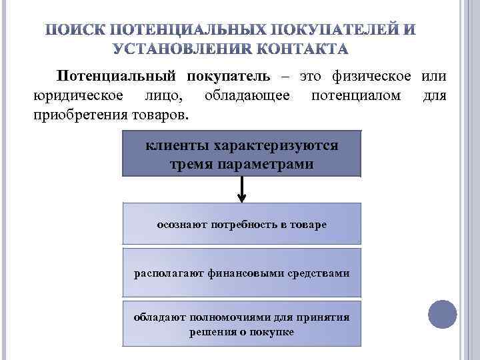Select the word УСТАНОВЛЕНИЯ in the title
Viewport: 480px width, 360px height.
(x=189, y=48)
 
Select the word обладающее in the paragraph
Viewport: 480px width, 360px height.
(x=247, y=96)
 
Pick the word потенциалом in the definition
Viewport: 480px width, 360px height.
(x=356, y=96)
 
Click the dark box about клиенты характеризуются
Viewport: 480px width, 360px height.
(x=241, y=154)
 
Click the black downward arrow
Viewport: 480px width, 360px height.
(x=241, y=190)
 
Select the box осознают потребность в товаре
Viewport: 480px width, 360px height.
(x=241, y=224)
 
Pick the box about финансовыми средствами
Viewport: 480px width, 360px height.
(x=241, y=273)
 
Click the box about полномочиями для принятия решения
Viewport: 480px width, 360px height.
(x=241, y=324)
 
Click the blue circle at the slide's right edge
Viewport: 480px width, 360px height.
(x=442, y=313)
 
